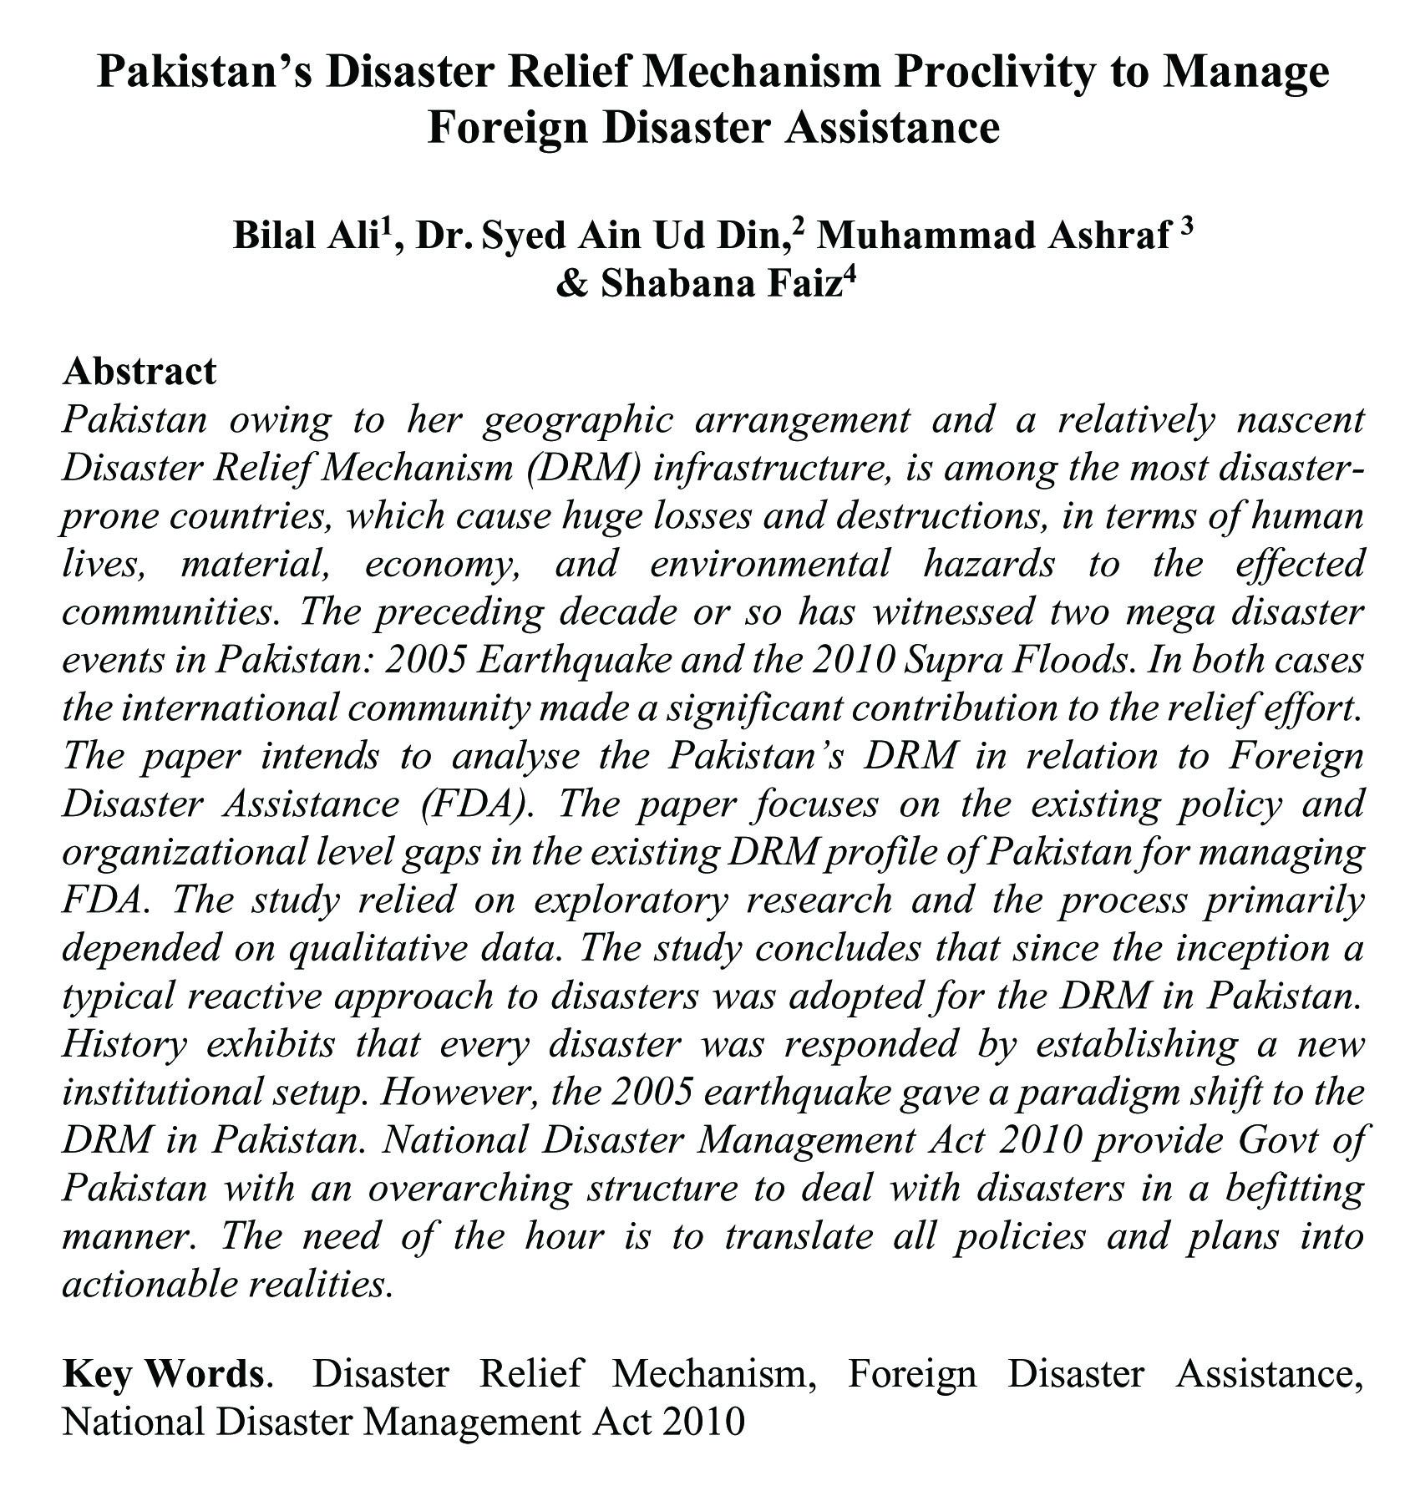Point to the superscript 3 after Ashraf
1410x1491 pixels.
click(1186, 229)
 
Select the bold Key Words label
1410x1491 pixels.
click(163, 1374)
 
